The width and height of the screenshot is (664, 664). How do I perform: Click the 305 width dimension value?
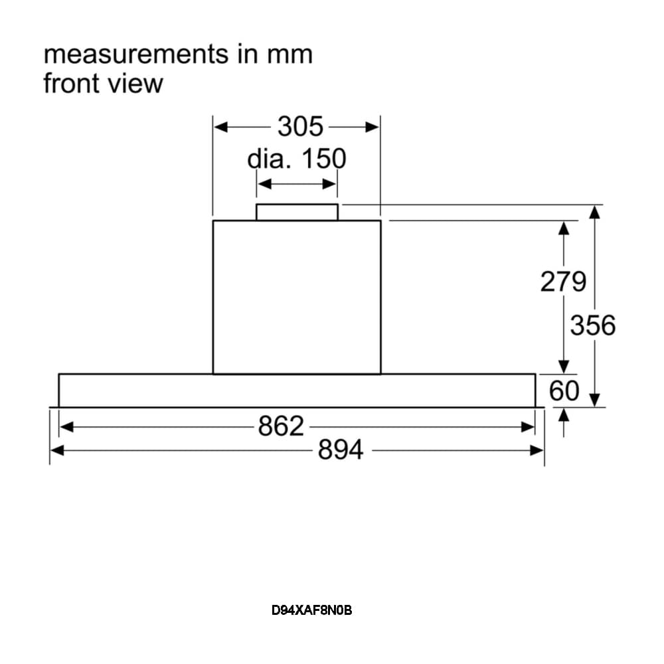[299, 126]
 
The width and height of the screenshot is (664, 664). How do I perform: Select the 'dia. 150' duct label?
[297, 159]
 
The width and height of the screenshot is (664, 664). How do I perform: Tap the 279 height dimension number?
[563, 282]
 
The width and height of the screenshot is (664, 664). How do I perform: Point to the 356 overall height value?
[593, 325]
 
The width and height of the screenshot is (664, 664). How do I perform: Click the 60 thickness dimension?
[564, 391]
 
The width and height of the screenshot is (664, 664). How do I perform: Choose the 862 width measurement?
[281, 426]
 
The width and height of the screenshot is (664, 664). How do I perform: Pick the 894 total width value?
[341, 450]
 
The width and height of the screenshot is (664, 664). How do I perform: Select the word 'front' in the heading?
[72, 84]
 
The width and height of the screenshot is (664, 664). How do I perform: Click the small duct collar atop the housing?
[297, 212]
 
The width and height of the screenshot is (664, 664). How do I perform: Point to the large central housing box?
[297, 297]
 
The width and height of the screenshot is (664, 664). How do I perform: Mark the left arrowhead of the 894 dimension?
[56, 450]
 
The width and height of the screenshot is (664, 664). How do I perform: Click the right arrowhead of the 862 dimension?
[529, 426]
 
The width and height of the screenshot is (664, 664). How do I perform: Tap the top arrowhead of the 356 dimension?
[595, 211]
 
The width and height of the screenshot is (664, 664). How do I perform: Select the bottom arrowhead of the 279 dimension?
[564, 367]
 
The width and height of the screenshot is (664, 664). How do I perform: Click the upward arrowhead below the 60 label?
[564, 414]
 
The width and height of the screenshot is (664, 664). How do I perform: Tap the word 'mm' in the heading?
[290, 54]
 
